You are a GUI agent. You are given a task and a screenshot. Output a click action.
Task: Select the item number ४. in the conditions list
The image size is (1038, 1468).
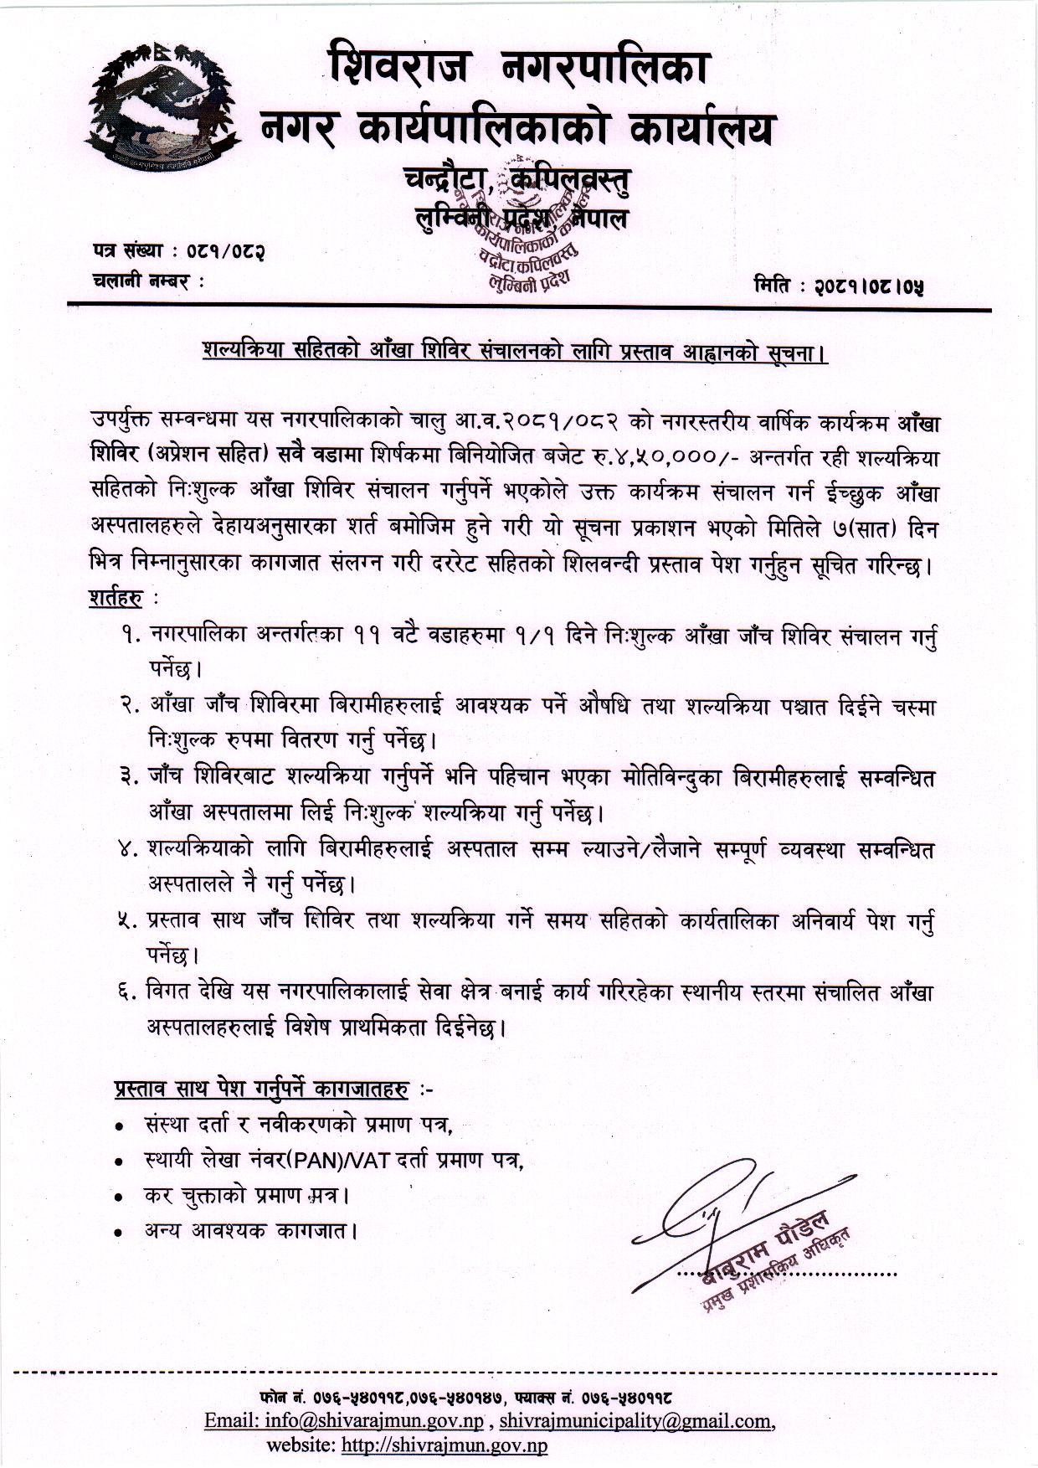[131, 850]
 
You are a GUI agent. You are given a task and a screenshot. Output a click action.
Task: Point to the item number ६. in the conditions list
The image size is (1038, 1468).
[131, 993]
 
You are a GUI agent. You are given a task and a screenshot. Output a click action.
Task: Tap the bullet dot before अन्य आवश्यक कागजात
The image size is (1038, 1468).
[121, 1233]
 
